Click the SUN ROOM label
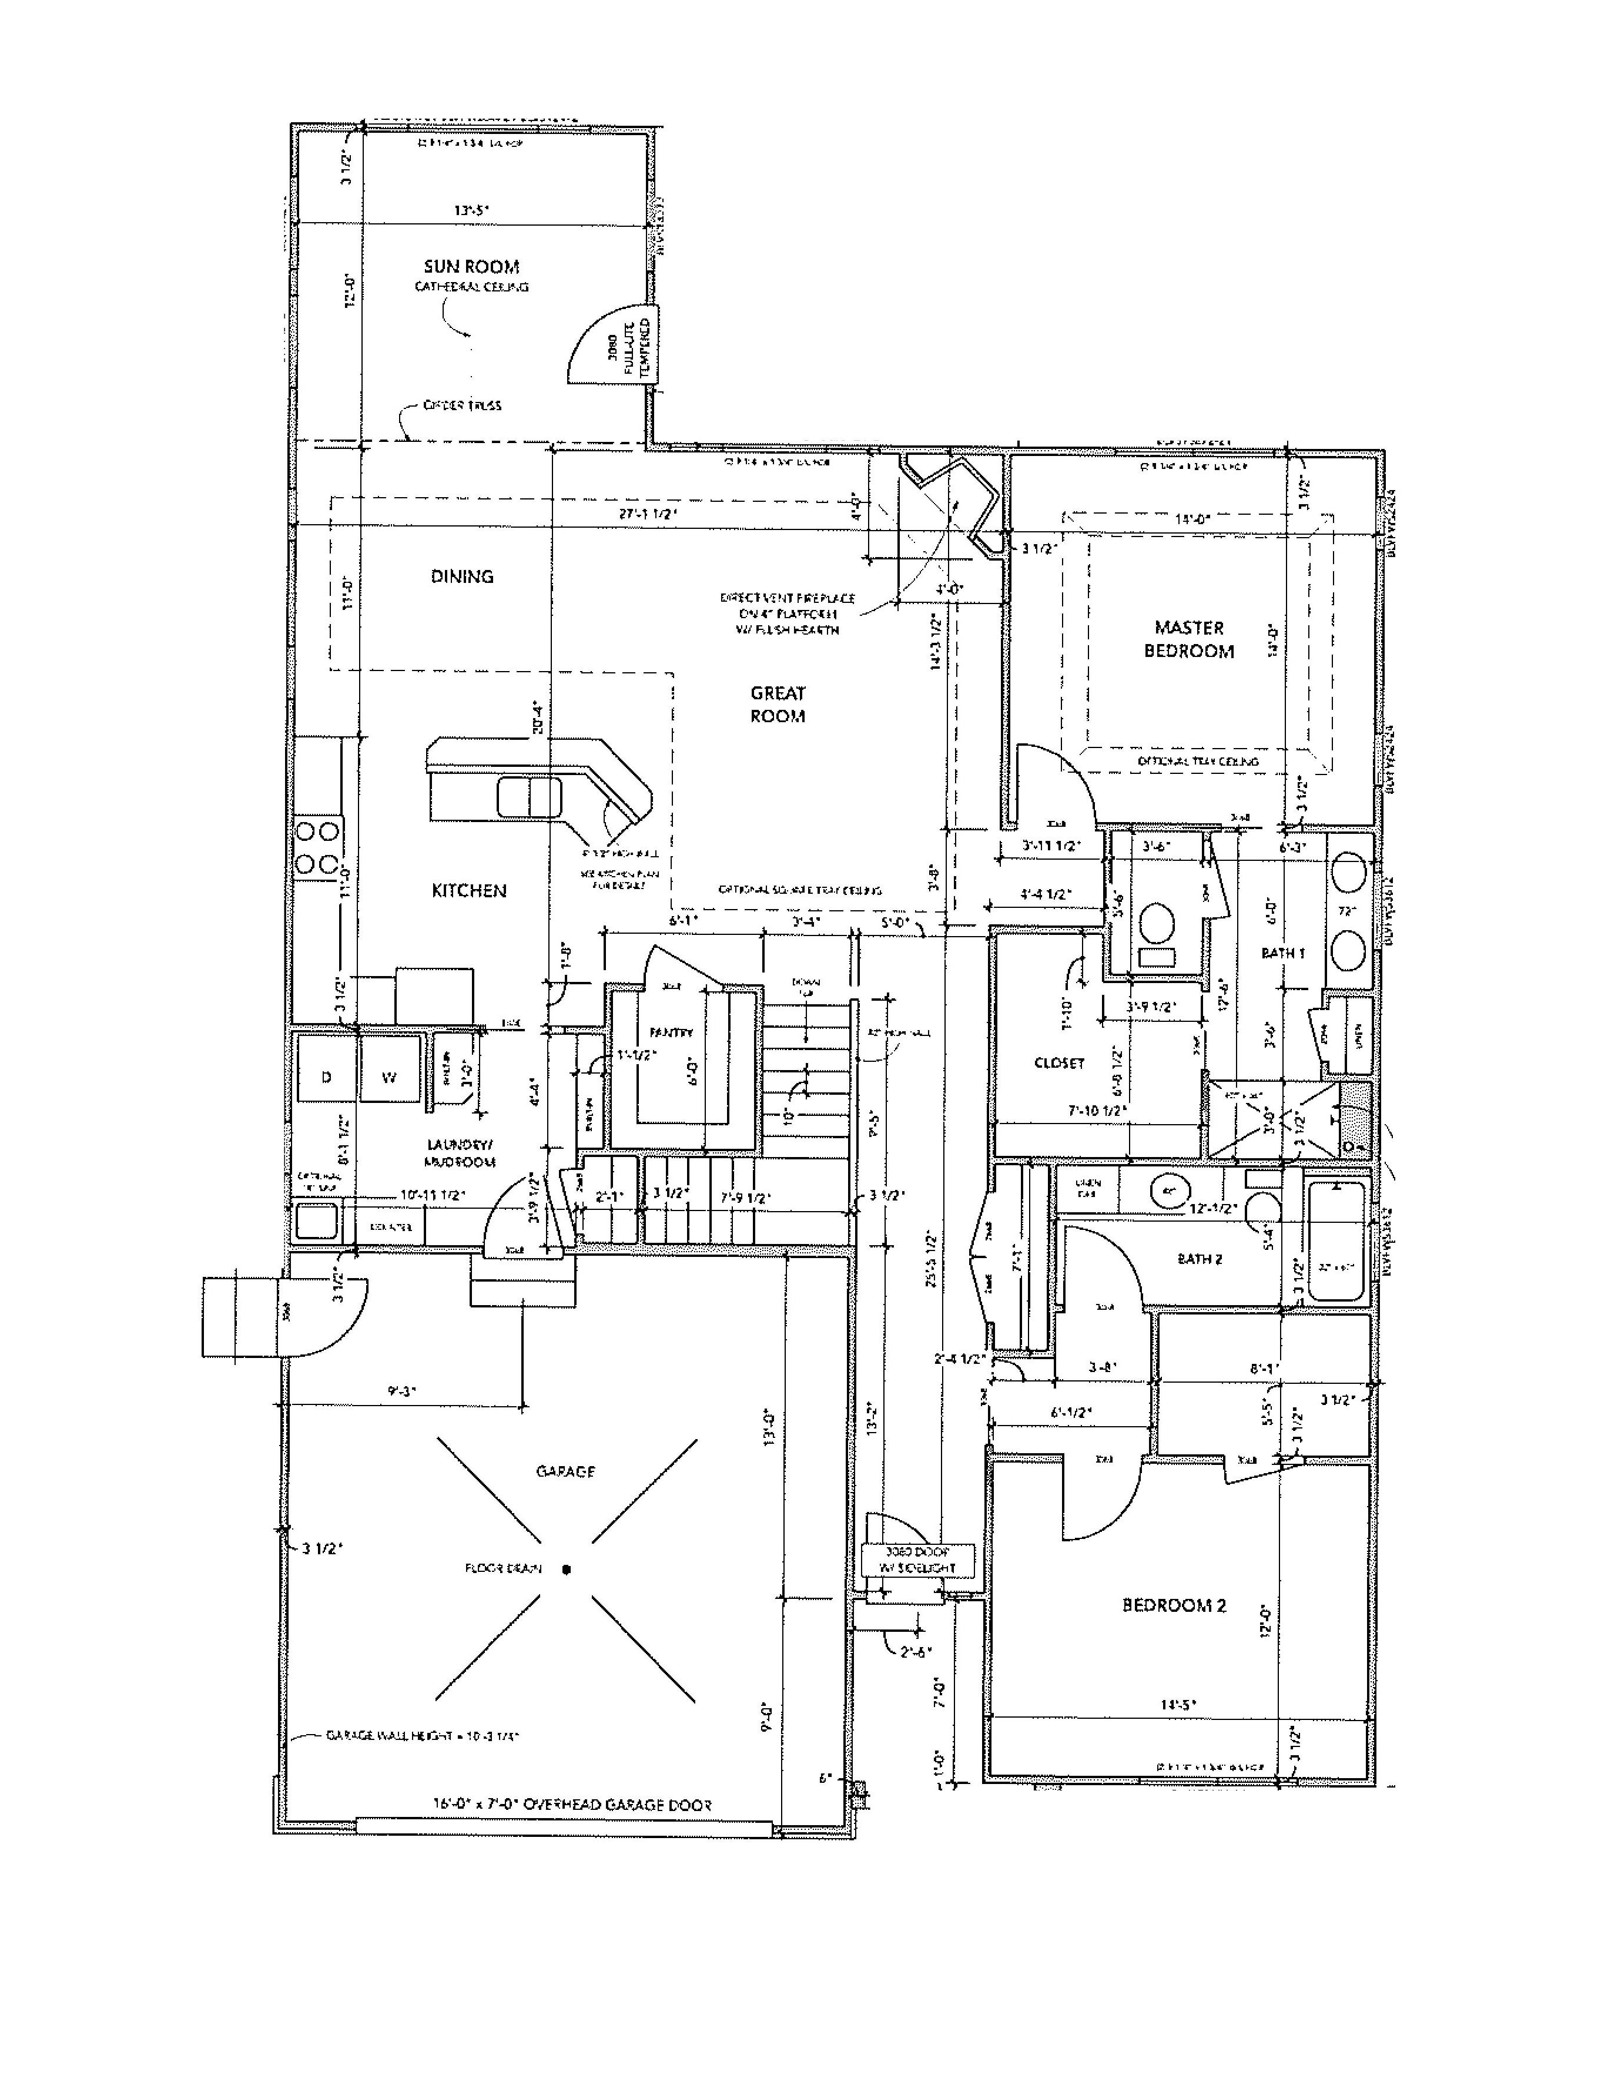click(x=471, y=267)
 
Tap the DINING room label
click(x=462, y=576)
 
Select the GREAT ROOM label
click(x=777, y=705)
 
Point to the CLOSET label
click(x=1058, y=1062)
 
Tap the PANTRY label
click(x=671, y=1033)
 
